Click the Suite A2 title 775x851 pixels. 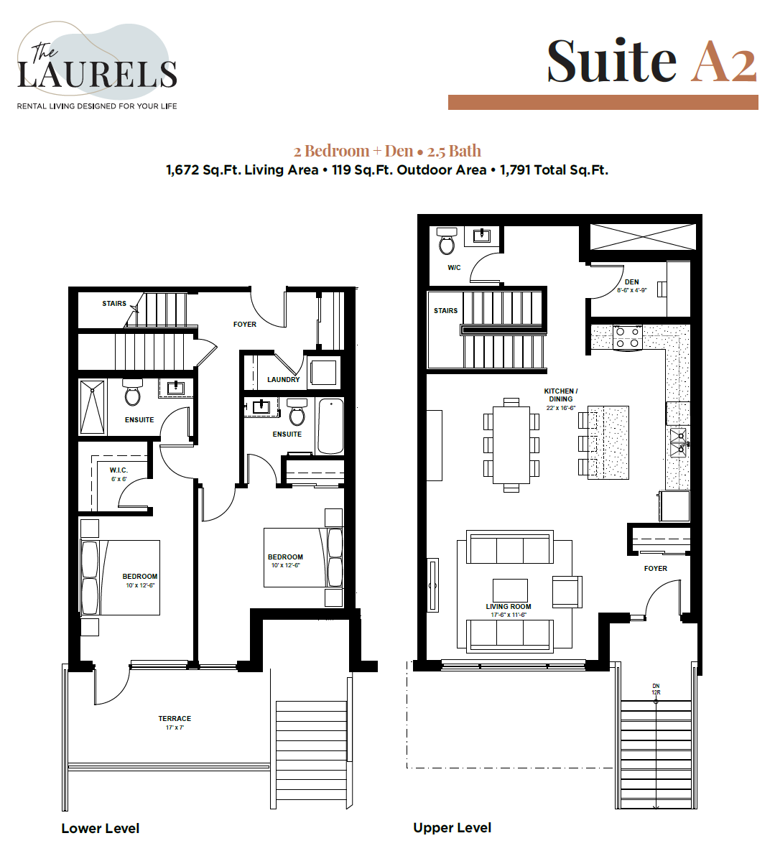[x=651, y=61]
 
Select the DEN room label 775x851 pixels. [x=631, y=282]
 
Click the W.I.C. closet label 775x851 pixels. [x=119, y=470]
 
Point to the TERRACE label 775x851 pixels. [x=175, y=718]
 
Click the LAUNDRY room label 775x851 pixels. [x=283, y=379]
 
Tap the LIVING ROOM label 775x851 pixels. [x=508, y=606]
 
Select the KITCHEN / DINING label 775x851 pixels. [x=560, y=395]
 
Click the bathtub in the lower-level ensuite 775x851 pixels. [x=330, y=426]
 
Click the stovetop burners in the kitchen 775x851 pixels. [x=627, y=337]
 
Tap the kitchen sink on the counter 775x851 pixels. [x=678, y=442]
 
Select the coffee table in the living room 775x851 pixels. [x=510, y=590]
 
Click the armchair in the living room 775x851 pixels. [x=566, y=590]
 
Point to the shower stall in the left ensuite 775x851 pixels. [x=92, y=407]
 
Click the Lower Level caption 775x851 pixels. [x=101, y=828]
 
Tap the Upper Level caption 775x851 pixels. [x=452, y=827]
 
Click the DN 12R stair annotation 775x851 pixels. [x=656, y=689]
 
